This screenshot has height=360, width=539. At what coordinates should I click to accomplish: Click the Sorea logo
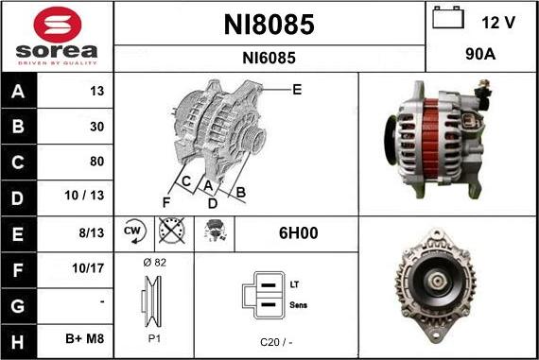click(x=57, y=36)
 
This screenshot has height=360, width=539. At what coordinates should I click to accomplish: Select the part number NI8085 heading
click(x=269, y=25)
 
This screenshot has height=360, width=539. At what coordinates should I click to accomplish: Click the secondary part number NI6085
click(x=269, y=58)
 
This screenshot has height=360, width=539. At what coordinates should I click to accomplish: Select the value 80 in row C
click(x=96, y=161)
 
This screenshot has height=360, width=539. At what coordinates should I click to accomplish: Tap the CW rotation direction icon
click(x=132, y=231)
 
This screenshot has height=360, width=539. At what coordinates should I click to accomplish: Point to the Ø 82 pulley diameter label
click(x=153, y=263)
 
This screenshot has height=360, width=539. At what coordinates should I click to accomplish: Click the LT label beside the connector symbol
click(x=295, y=284)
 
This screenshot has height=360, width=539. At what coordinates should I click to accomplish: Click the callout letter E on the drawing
click(x=297, y=91)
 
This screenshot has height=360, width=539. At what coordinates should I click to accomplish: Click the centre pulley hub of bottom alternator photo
click(x=436, y=283)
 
